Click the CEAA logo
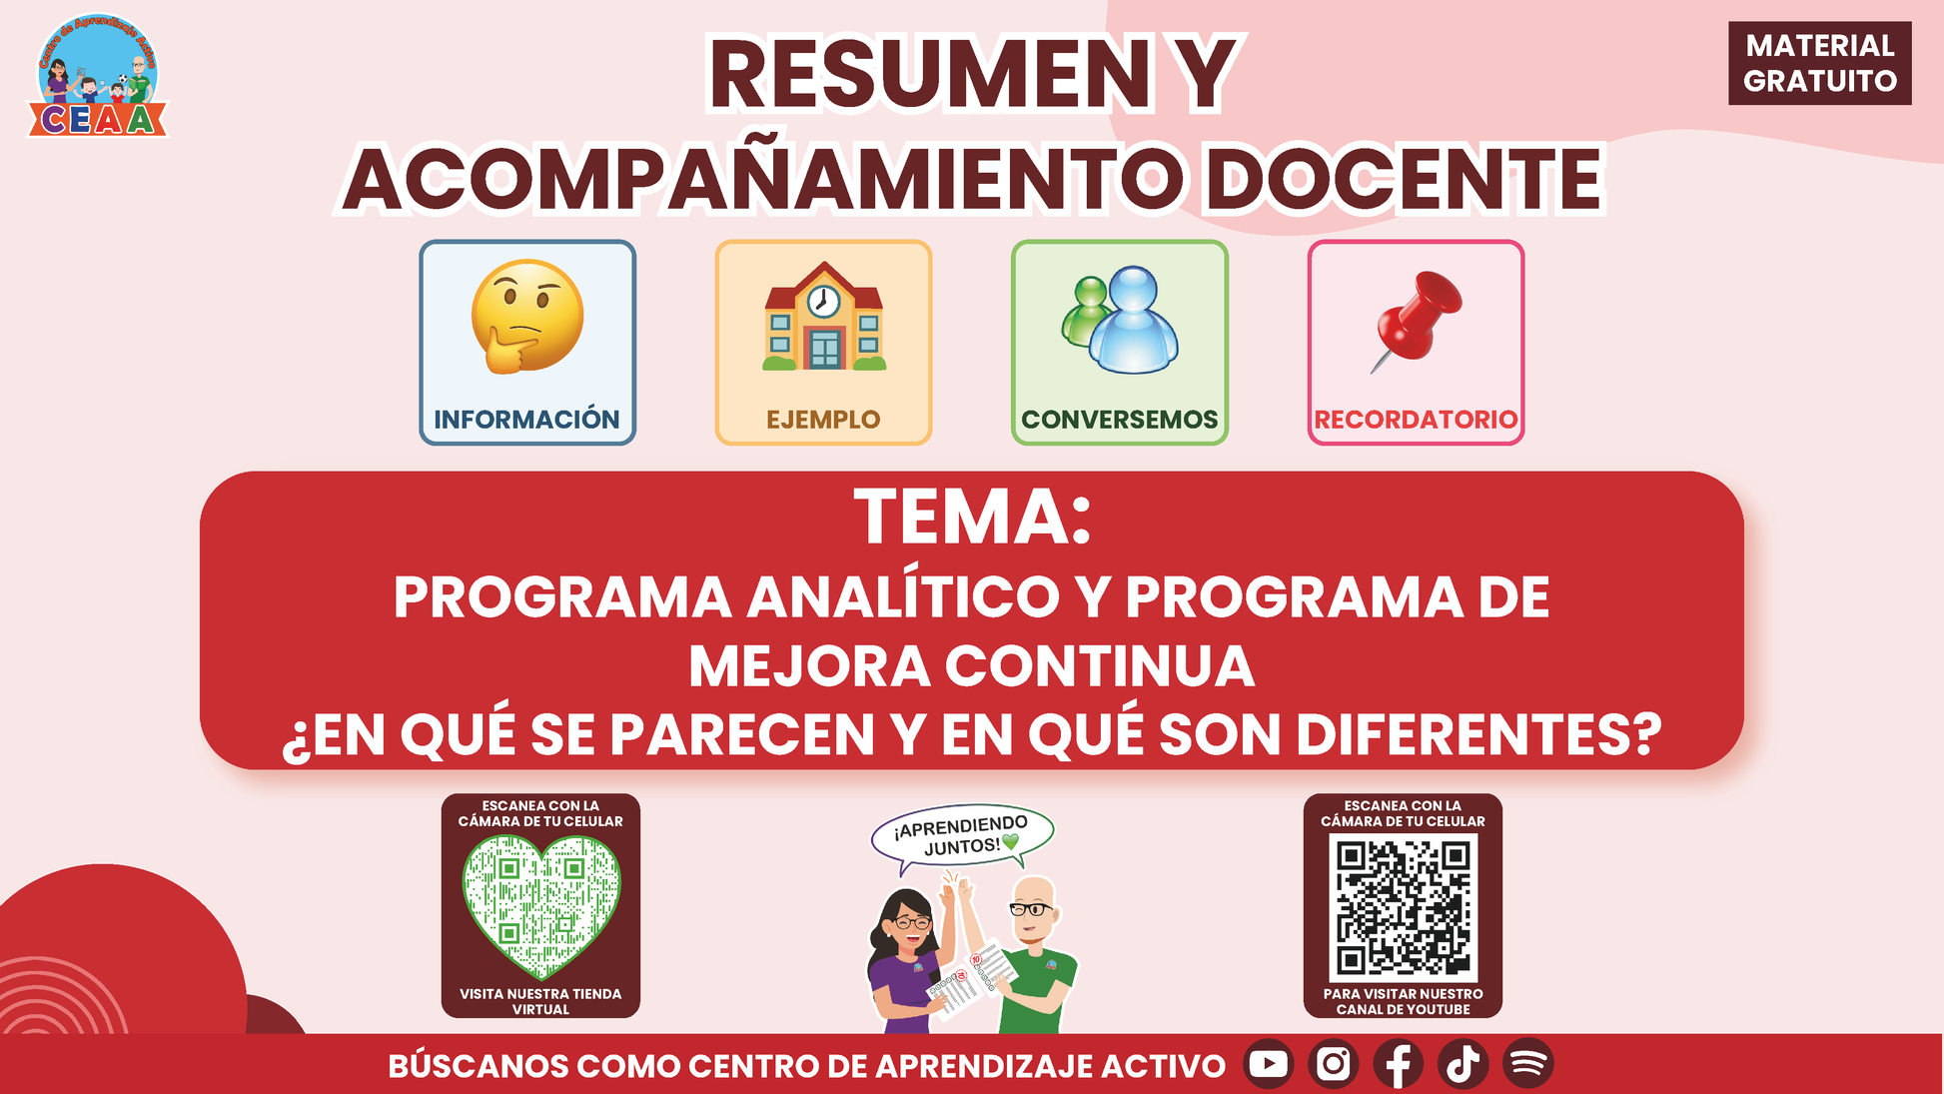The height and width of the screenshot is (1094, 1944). point(97,77)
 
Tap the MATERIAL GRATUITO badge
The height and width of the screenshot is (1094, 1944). point(1819,63)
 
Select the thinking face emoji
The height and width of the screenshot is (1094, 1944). point(527,317)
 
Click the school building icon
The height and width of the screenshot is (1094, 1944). point(824,316)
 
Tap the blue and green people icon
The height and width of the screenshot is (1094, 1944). point(1120,319)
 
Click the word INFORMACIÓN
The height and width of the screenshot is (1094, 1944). point(526,419)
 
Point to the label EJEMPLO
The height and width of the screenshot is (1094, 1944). point(823,420)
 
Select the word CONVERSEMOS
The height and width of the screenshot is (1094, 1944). point(1119,420)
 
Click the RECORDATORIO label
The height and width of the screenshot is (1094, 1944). point(1416,420)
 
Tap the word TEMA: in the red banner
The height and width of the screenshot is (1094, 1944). point(972,518)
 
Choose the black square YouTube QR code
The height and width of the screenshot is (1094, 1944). point(1403,907)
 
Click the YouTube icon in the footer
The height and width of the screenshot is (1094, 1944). point(1269,1064)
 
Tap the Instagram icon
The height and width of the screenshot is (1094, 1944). point(1334,1064)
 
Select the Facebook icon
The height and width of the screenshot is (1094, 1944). point(1399,1064)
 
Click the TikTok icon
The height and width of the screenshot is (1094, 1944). point(1463,1064)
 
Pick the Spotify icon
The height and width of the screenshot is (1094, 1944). point(1528,1064)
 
